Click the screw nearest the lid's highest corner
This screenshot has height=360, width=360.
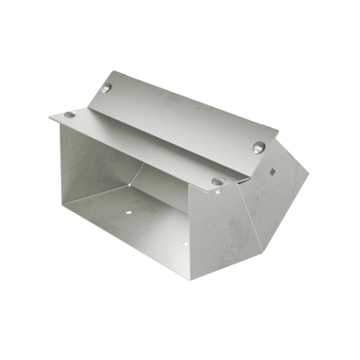[106, 88]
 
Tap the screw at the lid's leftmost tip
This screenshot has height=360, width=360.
[69, 115]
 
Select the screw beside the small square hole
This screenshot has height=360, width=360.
[259, 147]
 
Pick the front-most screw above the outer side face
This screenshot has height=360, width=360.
[218, 180]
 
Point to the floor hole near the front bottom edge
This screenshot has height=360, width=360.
[184, 244]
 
